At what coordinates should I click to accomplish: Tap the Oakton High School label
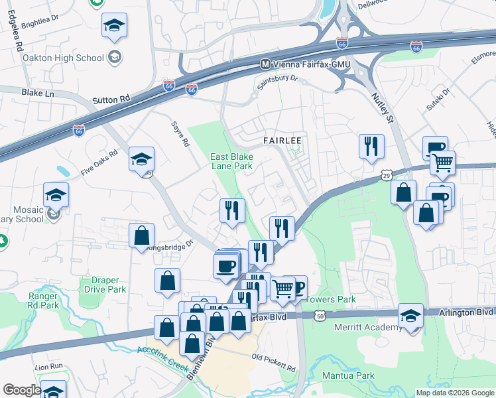[63, 58]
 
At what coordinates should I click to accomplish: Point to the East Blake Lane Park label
[232, 161]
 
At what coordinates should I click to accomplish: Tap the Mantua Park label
[349, 376]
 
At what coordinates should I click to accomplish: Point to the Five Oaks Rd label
[99, 162]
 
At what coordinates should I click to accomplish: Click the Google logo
[21, 390]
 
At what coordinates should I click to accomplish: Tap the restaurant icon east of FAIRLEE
[371, 147]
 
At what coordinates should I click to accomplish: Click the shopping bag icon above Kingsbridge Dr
[142, 235]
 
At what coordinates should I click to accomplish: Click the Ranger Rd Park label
[43, 300]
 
